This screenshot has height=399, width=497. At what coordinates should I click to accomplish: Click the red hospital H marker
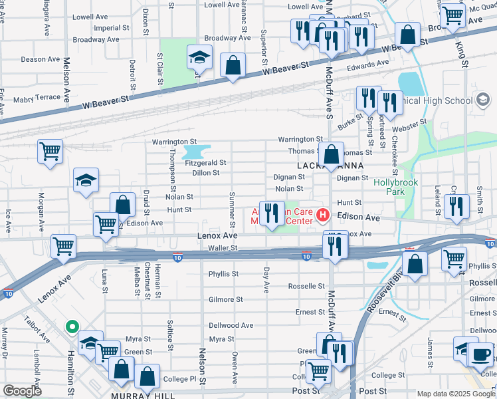pos(323,215)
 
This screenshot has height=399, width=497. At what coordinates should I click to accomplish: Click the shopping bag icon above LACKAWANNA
pos(331,156)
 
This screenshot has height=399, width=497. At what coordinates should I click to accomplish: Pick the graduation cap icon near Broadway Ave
pos(198,58)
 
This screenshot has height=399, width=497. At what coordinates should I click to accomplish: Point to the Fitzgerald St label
pos(206,162)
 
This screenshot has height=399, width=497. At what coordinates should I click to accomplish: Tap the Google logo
pos(22,391)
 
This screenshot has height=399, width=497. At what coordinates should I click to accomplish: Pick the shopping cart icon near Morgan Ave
pos(50,152)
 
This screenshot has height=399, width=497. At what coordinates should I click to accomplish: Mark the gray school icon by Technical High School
pos(483,100)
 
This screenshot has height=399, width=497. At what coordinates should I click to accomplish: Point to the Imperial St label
pos(112,28)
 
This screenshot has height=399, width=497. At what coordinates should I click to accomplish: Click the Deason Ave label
pos(41,59)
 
